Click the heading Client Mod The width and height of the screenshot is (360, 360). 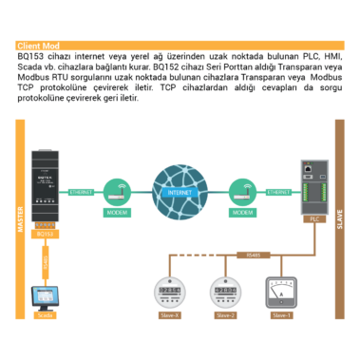coord(38,46)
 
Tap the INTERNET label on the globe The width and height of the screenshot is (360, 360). coord(179,191)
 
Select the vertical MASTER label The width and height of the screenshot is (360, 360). coord(19,218)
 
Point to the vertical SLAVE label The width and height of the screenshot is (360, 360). coord(339,218)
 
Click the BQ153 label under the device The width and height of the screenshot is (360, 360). coord(45,233)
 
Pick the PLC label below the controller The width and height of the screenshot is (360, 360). coord(313,218)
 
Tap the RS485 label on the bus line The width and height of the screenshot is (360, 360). coord(252,254)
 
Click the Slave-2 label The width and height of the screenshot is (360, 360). coord(225,313)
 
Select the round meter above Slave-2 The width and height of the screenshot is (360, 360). coord(225,290)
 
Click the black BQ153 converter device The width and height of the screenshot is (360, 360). coord(45,184)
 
